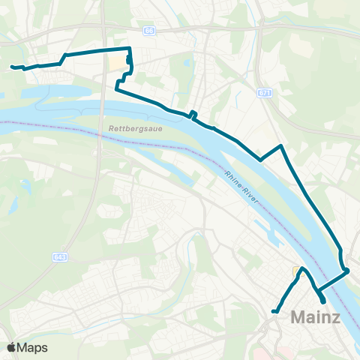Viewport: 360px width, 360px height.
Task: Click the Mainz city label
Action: coord(315,318)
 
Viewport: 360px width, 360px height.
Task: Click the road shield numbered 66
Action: coord(149,31)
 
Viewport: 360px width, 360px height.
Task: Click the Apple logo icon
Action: coord(12,347)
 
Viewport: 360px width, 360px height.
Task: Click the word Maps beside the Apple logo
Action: coord(33,347)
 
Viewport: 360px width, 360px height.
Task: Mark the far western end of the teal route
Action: coord(12,67)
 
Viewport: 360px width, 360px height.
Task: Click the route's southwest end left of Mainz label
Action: coord(274,311)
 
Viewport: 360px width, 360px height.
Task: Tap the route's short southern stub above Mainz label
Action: coord(322,300)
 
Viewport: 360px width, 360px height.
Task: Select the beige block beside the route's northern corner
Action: coord(118,62)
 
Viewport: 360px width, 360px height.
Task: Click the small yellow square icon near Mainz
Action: coord(296,271)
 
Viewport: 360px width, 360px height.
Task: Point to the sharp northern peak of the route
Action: coord(280,145)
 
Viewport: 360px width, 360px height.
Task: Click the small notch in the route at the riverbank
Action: coord(193,115)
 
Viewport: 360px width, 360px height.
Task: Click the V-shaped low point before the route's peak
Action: coord(260,160)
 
